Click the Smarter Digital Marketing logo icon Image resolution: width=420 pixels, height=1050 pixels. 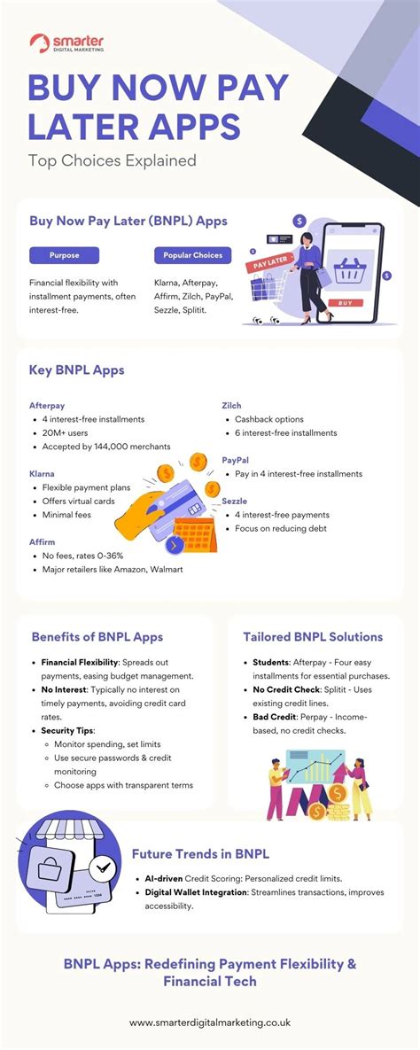tap(39, 43)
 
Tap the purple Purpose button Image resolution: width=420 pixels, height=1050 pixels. tap(64, 255)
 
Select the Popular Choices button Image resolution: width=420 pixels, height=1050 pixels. tap(192, 255)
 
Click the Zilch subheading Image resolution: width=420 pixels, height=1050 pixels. tap(231, 405)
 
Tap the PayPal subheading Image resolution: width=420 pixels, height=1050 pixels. tap(235, 460)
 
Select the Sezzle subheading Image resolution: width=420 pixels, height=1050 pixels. tap(234, 501)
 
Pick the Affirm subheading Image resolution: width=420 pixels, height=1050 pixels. tap(42, 541)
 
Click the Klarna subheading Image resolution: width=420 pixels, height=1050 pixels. tap(42, 474)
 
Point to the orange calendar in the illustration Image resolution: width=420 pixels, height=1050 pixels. tap(194, 534)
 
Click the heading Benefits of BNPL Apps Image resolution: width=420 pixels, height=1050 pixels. tap(97, 636)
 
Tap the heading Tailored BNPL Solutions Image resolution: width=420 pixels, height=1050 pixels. tap(313, 636)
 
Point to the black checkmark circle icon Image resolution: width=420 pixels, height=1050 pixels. tap(103, 866)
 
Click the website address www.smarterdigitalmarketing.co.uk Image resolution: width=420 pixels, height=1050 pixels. tap(210, 1023)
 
